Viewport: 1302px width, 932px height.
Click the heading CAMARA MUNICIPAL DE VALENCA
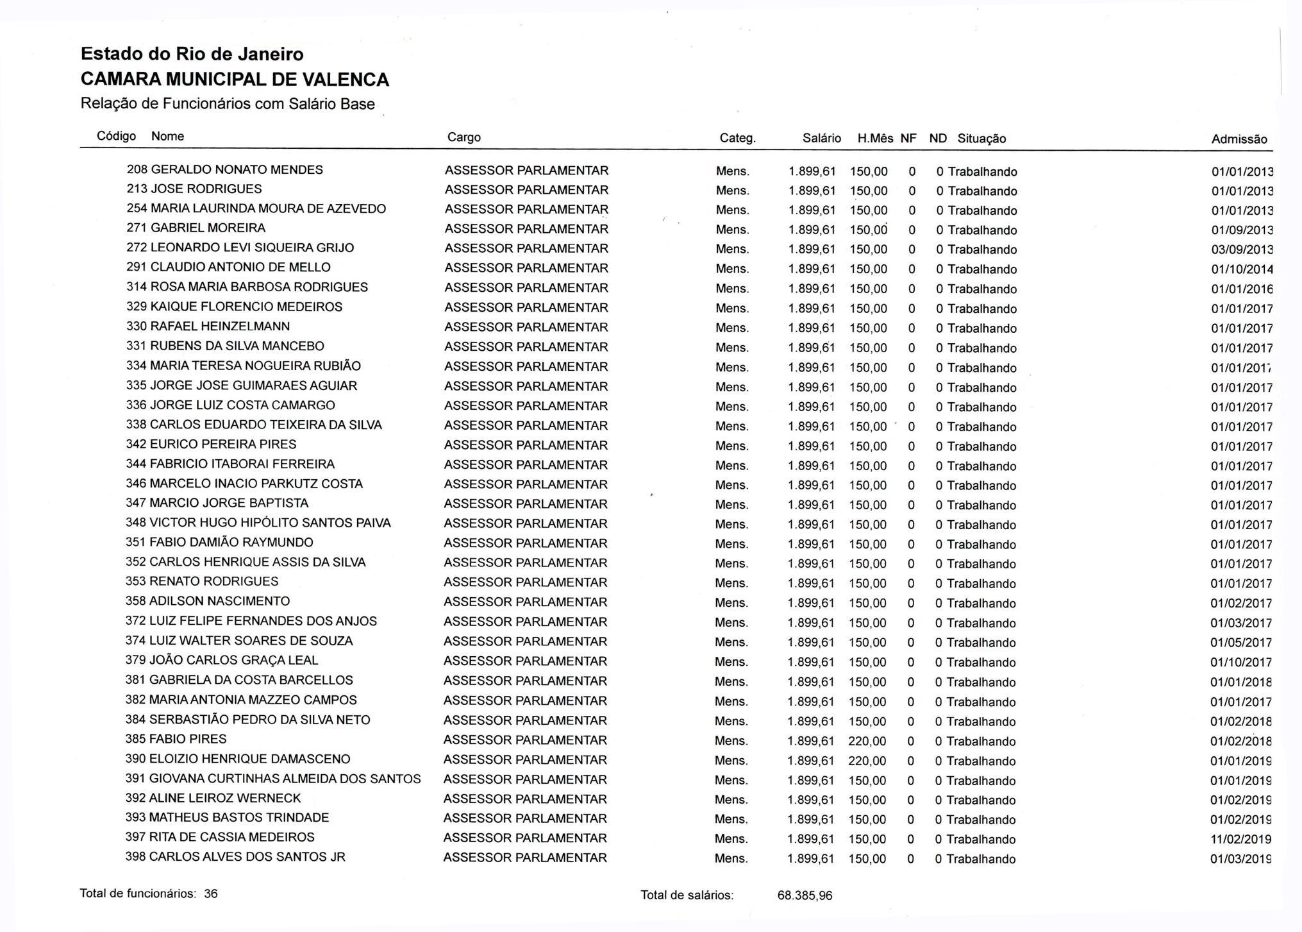[x=235, y=80]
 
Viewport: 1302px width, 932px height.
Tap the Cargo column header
[x=463, y=137]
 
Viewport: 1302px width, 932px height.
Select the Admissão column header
[x=1239, y=139]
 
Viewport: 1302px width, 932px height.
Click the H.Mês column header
[x=874, y=139]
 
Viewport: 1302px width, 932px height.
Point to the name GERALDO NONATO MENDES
[x=237, y=170]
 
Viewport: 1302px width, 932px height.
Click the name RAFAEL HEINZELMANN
[x=220, y=326]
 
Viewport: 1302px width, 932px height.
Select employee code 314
[x=137, y=287]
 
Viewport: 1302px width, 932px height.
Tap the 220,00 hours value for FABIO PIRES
[x=867, y=741]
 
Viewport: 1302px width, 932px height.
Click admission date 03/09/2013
[x=1241, y=250]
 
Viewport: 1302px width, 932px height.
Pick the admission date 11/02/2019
[x=1240, y=840]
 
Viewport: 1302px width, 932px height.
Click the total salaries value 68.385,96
[x=805, y=895]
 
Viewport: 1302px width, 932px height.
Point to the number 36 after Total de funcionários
[x=211, y=894]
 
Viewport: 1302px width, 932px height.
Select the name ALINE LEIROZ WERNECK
[x=224, y=799]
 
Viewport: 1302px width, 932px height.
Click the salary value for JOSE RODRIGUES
[x=812, y=191]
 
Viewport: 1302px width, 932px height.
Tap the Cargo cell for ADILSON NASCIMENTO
[x=525, y=602]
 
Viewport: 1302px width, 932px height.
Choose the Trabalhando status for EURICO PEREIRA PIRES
[x=981, y=446]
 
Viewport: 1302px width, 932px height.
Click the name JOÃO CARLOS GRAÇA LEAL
[x=233, y=661]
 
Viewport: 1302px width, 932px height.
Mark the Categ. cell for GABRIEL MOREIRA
[x=732, y=230]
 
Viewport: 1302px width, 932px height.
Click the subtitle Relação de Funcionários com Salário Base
[x=228, y=104]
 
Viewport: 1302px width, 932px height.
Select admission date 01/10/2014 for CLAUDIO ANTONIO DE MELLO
[x=1241, y=269]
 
